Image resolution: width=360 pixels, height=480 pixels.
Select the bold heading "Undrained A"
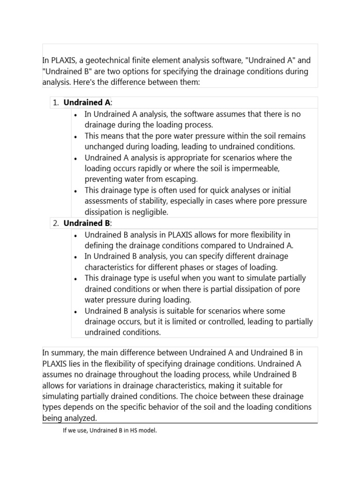point(87,102)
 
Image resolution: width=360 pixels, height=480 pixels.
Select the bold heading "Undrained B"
point(87,223)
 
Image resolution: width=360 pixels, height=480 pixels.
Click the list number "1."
point(55,102)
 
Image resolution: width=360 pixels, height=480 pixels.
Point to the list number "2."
point(55,223)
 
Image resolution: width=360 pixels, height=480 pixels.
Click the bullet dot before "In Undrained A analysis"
point(75,115)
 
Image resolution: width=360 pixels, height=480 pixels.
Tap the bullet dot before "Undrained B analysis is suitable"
point(75,312)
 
